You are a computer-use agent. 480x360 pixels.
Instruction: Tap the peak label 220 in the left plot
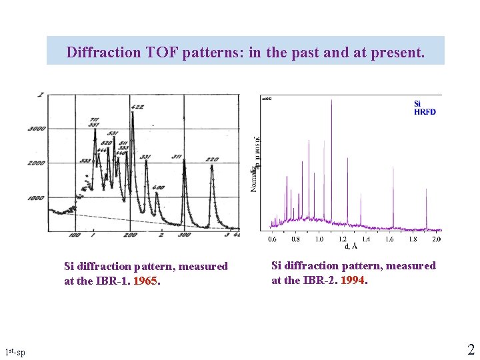tap(213, 160)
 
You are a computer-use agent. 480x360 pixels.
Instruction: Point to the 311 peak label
tap(177, 157)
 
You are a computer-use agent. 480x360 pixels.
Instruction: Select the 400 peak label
tap(157, 188)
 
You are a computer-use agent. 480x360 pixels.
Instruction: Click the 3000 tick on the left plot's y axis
tap(35, 129)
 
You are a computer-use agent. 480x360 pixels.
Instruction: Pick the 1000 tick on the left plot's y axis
tap(35, 198)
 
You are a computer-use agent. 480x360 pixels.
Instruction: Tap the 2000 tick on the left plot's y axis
tap(35, 163)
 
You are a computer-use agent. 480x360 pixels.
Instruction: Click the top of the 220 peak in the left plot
tap(211, 166)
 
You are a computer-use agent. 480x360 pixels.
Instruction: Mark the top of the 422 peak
tap(133, 113)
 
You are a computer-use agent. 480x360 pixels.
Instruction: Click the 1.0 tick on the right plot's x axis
tap(319, 239)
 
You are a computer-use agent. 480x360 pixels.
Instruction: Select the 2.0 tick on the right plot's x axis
tap(436, 239)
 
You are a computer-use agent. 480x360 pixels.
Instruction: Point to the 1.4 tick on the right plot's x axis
tap(366, 239)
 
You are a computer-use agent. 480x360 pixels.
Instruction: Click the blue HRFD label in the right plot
tap(425, 112)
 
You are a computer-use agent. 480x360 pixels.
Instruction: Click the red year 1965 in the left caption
tap(145, 281)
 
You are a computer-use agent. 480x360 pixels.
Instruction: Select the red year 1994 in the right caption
tap(352, 280)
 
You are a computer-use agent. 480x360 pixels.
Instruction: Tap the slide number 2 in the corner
tap(471, 349)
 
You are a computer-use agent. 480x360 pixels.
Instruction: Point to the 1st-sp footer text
tap(15, 351)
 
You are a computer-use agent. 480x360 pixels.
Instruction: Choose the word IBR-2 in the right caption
tap(320, 280)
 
